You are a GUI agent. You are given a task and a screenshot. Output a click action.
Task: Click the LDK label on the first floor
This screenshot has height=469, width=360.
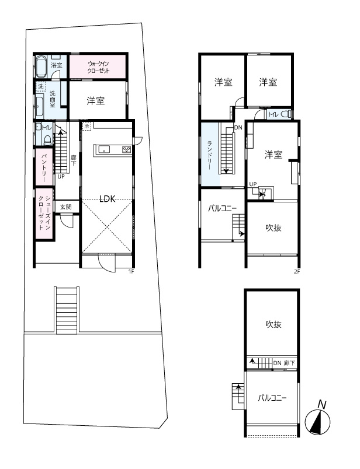[106, 198]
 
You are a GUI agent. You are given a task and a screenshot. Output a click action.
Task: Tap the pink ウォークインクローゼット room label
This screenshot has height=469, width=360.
[98, 66]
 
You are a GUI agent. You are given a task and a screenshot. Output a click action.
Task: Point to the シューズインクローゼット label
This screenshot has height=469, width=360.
[44, 213]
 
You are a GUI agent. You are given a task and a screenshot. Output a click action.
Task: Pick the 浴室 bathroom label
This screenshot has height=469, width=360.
[56, 65]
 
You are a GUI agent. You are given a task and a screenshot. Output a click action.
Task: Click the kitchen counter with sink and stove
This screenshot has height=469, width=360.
[114, 149]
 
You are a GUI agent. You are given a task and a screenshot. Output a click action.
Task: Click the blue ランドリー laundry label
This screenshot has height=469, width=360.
[209, 154]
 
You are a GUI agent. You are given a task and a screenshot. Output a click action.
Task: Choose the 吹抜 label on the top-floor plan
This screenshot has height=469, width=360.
[273, 324]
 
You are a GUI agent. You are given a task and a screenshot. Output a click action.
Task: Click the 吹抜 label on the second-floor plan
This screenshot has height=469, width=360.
[273, 228]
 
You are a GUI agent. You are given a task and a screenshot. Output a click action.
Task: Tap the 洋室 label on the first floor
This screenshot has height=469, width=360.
[96, 100]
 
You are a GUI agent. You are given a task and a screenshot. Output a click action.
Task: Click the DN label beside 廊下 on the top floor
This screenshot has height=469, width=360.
[278, 363]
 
